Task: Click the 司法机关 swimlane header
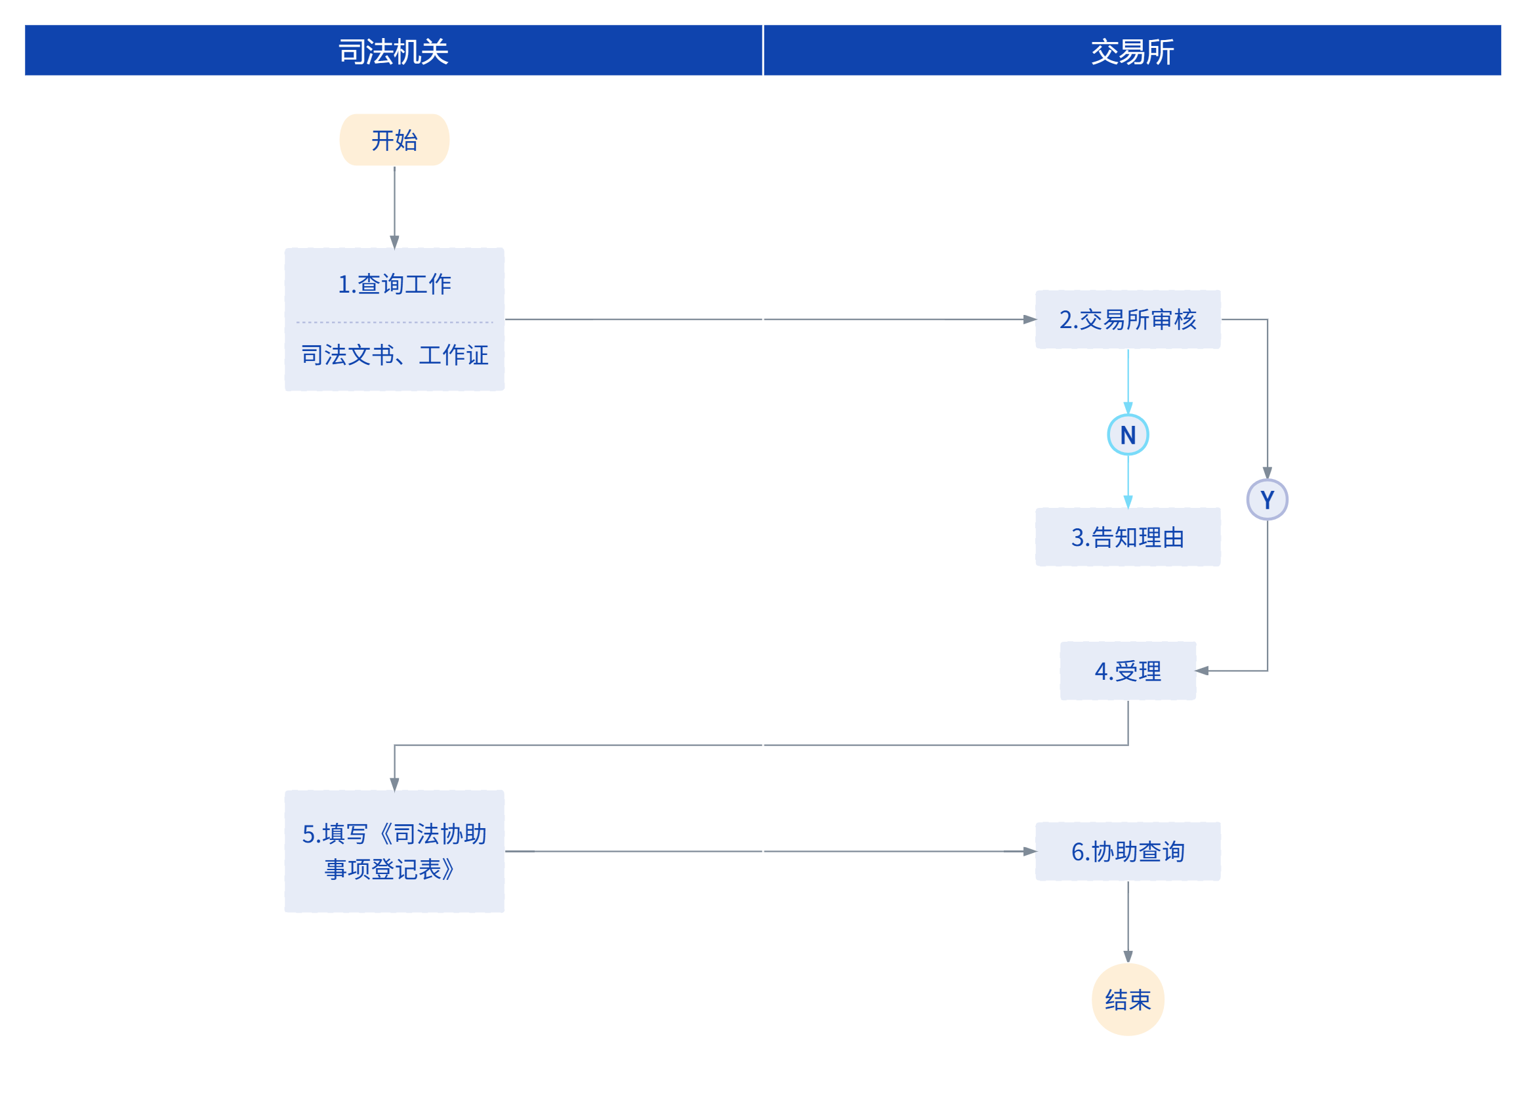(394, 51)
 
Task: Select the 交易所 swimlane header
(1132, 51)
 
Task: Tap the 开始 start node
(394, 140)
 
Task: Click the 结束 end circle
(1128, 1000)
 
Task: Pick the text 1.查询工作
(394, 284)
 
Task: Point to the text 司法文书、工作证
(394, 354)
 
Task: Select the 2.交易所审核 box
(1128, 320)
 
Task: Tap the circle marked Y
(1268, 500)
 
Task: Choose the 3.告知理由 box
(1128, 537)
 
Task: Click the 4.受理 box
(1128, 671)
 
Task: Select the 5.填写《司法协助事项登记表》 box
(394, 851)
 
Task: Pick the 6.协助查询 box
(1128, 851)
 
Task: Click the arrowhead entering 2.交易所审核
(1030, 320)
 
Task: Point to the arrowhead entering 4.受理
(1203, 671)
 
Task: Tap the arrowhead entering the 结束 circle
(1128, 957)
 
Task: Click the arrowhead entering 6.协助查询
(1030, 851)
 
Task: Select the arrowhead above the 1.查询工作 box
(394, 242)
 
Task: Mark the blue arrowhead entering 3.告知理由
(1128, 502)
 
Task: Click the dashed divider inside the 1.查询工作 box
(394, 322)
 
